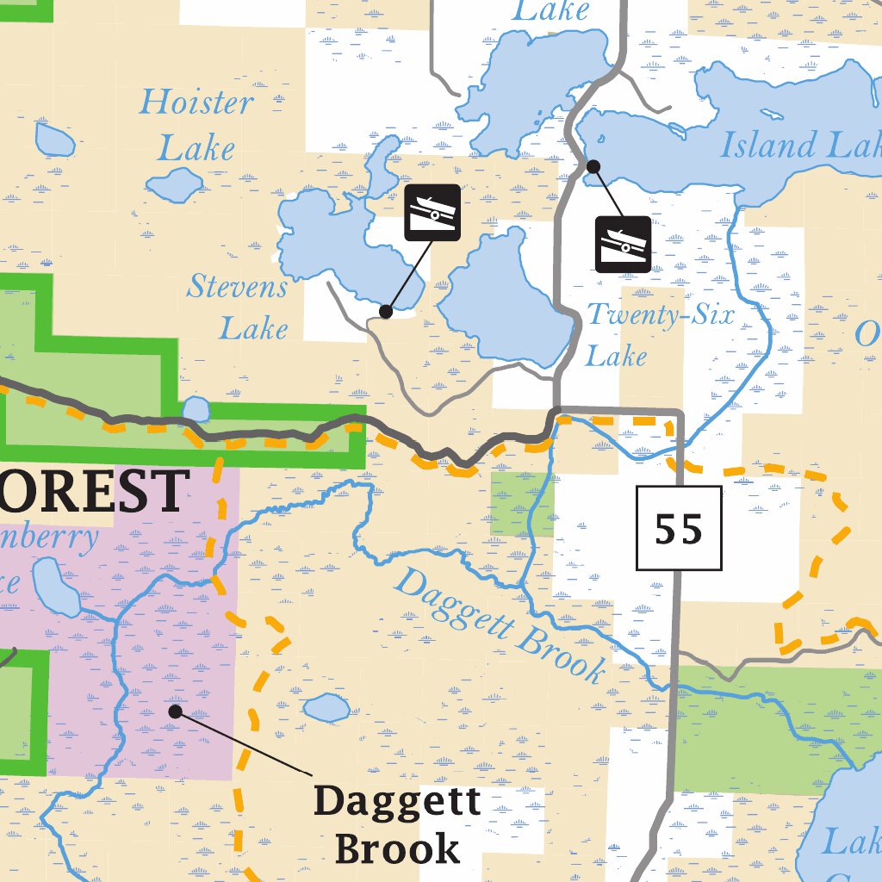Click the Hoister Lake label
point(196,126)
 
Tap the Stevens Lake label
point(237,307)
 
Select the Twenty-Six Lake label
point(660,334)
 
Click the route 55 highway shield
point(679,528)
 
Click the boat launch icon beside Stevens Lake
point(432,213)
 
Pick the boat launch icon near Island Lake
point(623,245)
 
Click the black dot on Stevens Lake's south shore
point(387,311)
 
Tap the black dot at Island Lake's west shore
point(593,165)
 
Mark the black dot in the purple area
point(176,711)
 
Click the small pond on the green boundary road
point(196,409)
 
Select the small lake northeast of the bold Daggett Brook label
point(326,708)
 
